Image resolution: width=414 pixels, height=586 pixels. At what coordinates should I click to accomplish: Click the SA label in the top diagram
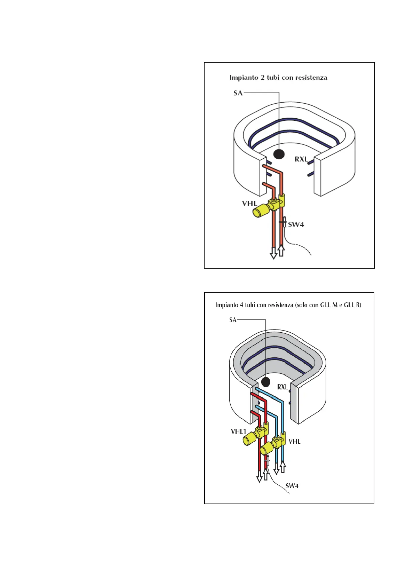click(x=238, y=93)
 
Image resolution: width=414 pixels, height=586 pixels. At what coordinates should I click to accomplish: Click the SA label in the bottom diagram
click(x=233, y=320)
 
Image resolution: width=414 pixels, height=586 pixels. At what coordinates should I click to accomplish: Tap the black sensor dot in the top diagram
click(x=279, y=153)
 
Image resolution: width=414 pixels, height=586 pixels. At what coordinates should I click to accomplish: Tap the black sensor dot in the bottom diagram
click(x=266, y=382)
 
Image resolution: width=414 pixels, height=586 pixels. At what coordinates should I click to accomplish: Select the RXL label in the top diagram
click(x=301, y=159)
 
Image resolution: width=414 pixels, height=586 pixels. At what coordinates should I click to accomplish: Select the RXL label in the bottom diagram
click(x=282, y=387)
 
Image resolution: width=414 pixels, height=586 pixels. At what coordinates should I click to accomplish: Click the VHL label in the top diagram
click(x=249, y=203)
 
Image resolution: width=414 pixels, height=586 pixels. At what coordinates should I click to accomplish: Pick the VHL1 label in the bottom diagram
click(x=238, y=431)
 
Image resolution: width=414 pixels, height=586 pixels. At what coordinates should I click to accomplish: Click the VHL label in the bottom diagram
click(x=294, y=442)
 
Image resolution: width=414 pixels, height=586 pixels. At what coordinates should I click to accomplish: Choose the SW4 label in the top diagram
click(x=296, y=225)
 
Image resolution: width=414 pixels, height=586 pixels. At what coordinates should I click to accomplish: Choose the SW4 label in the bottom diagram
click(x=292, y=486)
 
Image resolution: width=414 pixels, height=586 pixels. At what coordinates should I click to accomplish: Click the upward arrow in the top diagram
click(x=281, y=250)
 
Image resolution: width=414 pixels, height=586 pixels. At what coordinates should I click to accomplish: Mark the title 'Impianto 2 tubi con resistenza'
click(x=278, y=78)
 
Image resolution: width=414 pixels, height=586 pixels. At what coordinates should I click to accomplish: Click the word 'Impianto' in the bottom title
click(x=226, y=305)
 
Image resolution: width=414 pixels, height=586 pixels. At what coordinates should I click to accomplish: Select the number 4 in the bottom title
click(x=241, y=305)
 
